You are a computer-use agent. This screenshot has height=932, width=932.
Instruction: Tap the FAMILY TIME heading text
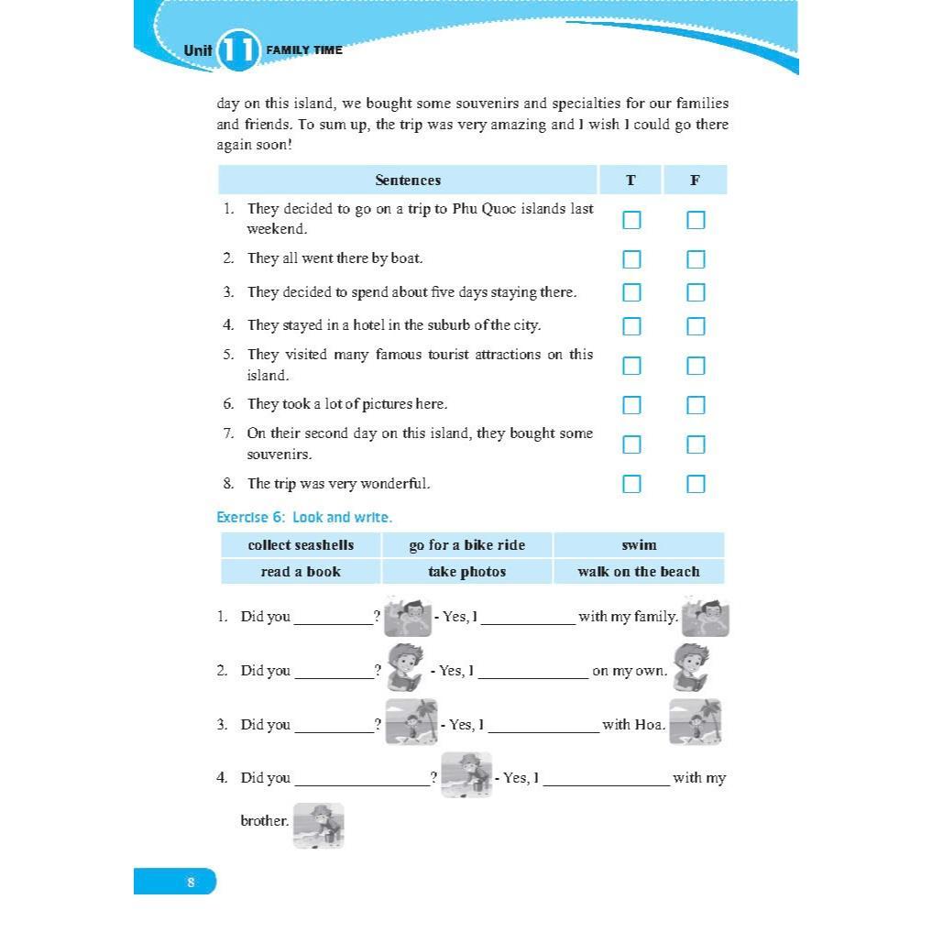(303, 50)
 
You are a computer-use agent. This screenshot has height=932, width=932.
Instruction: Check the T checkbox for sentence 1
(631, 220)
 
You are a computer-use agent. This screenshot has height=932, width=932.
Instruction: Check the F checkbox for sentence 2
(696, 259)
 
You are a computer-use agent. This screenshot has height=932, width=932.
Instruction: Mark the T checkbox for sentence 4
(631, 326)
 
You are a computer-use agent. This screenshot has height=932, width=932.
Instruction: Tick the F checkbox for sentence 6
(696, 405)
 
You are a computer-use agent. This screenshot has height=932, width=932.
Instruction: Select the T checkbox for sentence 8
(631, 484)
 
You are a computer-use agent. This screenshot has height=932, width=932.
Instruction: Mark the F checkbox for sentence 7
(696, 444)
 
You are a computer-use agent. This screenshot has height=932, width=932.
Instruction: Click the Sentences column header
(408, 181)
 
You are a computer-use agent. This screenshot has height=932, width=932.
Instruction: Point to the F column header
(695, 181)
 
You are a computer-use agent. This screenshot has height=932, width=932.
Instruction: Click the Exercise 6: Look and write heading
(304, 518)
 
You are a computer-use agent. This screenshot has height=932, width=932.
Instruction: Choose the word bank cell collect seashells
(301, 545)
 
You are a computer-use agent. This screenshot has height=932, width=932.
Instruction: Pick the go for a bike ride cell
(467, 545)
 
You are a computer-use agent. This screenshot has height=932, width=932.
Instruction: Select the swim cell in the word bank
(639, 545)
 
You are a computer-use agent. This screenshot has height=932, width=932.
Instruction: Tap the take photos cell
(467, 572)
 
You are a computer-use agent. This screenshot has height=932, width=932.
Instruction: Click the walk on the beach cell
(639, 572)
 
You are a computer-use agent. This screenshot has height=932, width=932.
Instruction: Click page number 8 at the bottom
(191, 883)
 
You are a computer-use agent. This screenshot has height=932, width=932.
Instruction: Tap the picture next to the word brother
(319, 826)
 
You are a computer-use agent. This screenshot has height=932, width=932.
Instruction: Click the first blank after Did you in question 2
(334, 672)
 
